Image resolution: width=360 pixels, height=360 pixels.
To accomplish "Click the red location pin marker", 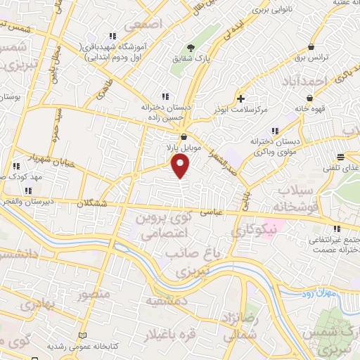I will coord(181,166).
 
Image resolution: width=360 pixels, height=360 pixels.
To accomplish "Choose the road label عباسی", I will coord(211,210).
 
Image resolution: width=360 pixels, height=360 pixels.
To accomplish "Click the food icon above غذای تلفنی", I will coord(340,157).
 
